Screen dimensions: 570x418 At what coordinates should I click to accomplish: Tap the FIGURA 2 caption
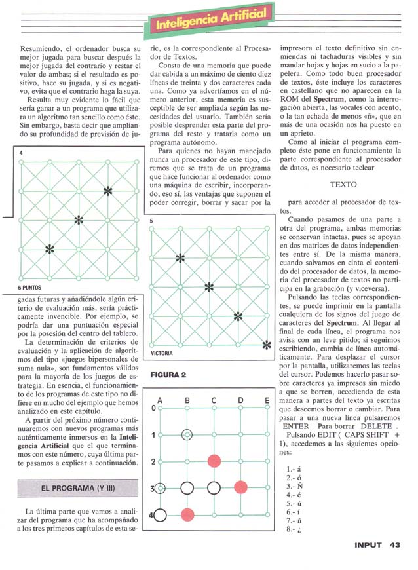(x=169, y=375)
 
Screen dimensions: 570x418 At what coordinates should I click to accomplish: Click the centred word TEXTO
(x=344, y=185)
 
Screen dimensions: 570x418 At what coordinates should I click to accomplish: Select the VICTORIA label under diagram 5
(x=162, y=354)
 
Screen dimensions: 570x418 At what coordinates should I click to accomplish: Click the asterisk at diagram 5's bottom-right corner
(x=265, y=345)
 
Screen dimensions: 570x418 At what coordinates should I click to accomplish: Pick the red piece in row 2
(x=214, y=461)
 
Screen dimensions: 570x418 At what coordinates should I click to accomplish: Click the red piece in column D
(x=240, y=487)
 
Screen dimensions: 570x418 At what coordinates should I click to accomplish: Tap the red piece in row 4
(x=187, y=514)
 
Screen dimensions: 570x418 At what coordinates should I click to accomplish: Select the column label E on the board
(x=267, y=400)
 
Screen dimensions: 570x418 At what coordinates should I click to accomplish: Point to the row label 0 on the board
(x=154, y=408)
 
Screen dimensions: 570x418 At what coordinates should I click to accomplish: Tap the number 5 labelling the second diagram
(x=151, y=221)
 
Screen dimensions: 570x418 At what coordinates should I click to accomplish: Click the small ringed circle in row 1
(x=187, y=434)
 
